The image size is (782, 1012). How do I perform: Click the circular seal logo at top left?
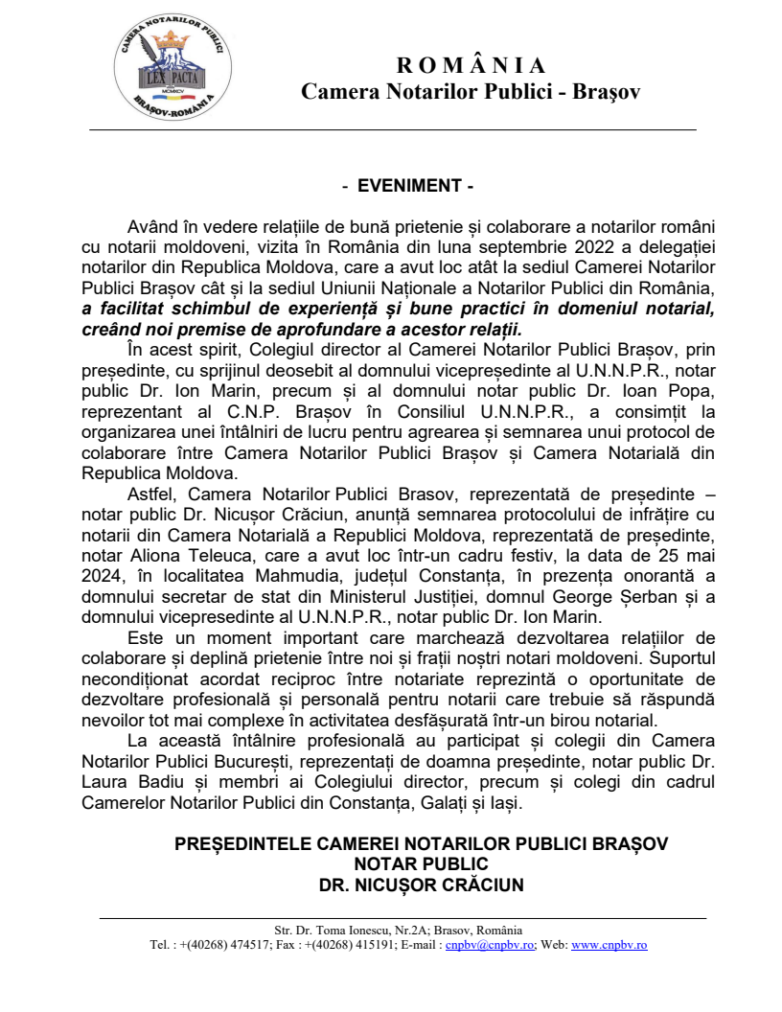[172, 70]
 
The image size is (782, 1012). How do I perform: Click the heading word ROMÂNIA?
[471, 65]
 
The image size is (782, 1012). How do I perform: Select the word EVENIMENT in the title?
[409, 186]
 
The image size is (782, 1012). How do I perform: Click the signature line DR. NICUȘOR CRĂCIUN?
[422, 885]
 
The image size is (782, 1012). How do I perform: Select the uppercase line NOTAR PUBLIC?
[422, 864]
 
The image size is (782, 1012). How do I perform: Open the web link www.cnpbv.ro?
[609, 944]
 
